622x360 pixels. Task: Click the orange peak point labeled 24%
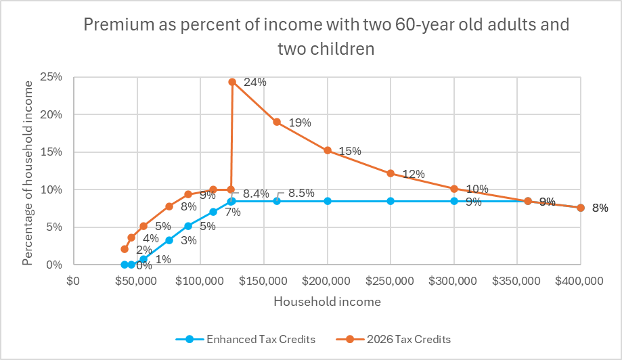click(232, 82)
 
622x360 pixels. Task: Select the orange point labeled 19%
click(277, 122)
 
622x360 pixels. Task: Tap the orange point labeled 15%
click(328, 150)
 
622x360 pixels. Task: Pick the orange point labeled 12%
click(391, 173)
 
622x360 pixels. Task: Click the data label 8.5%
click(301, 193)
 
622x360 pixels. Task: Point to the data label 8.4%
click(256, 193)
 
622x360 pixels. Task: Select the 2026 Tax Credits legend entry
click(395, 339)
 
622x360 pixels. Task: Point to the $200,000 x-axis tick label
click(328, 281)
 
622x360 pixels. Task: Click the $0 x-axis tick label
click(73, 281)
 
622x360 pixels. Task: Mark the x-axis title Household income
click(327, 301)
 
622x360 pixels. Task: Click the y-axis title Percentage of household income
click(28, 172)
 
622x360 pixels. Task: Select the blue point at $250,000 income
click(391, 201)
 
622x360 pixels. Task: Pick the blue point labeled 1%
click(143, 259)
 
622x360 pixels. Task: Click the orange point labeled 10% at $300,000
click(454, 189)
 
